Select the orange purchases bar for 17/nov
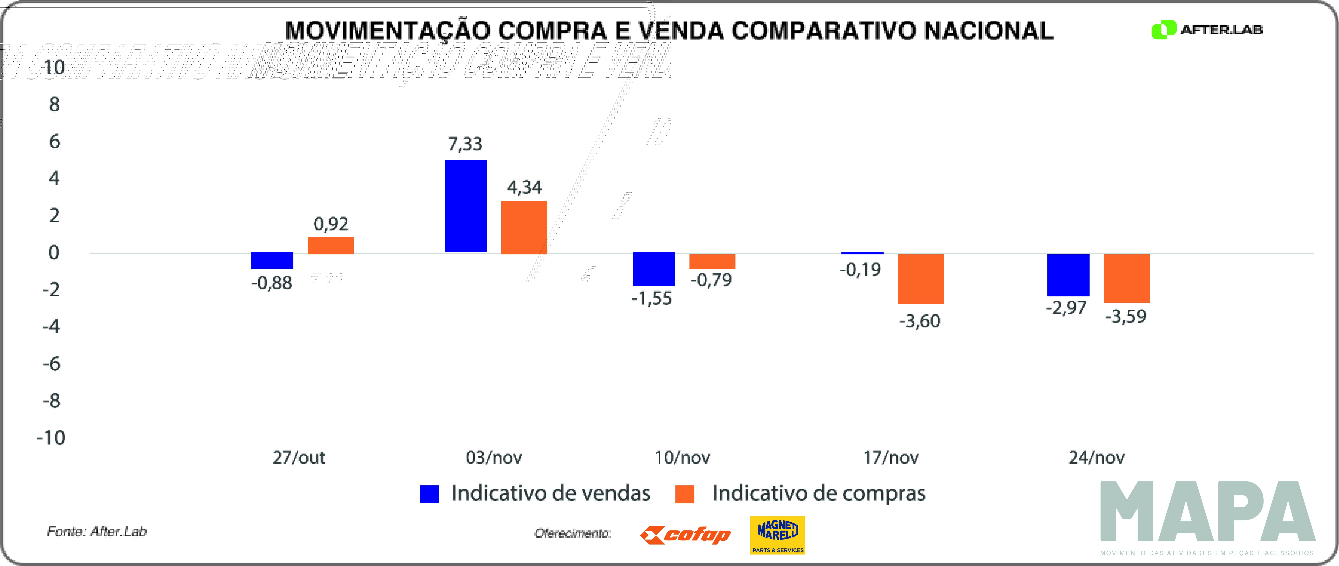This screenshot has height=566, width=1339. coord(921,279)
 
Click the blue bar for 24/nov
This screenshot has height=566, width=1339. coord(1068,275)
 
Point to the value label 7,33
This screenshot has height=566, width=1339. coord(465,144)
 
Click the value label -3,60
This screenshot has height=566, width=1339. coord(919,321)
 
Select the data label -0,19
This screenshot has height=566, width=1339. coord(860,269)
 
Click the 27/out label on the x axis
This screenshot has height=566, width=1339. coord(299,457)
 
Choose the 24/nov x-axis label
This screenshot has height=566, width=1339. coord(1096,457)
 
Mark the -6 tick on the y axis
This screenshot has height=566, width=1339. coord(51,364)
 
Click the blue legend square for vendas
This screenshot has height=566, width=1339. coord(429,494)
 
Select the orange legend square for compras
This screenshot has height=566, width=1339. coord(685,494)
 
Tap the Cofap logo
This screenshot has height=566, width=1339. coord(685,535)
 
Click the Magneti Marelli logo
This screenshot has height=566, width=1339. coord(778,535)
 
